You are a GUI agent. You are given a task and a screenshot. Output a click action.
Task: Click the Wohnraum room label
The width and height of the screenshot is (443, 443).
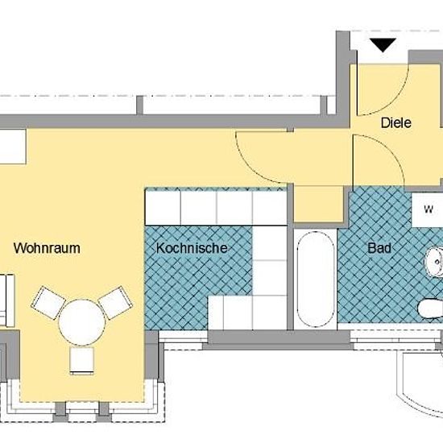coord(47,248)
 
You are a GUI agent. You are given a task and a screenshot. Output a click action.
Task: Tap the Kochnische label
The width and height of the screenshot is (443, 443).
coord(192,248)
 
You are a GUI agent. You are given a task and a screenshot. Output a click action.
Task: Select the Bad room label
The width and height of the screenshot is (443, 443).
coord(379,248)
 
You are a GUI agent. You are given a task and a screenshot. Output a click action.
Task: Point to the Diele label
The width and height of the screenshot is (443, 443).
coord(395,123)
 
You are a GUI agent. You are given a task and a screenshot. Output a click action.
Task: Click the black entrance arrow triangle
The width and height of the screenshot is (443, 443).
coord(383,44)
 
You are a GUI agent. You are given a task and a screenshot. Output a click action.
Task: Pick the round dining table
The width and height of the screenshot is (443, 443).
coord(82,322)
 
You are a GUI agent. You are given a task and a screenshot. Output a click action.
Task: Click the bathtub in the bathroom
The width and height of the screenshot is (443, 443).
coord(315,279)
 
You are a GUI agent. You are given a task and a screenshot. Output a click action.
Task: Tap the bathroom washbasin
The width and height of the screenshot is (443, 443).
coord(434,262)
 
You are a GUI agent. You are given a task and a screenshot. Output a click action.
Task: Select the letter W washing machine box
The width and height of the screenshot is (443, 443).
coord(428,209)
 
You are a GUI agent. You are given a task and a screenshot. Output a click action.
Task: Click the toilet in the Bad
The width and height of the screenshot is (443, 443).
coord(431,308)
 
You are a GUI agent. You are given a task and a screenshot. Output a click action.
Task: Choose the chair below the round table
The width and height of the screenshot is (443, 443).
coord(82,362)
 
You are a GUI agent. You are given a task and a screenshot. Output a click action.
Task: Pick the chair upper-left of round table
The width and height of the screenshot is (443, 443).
coord(48,302)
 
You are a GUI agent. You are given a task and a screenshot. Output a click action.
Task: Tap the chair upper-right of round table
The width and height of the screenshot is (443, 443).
coord(115,302)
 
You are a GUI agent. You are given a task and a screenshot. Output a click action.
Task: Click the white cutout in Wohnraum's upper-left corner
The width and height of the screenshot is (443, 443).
coord(13,147)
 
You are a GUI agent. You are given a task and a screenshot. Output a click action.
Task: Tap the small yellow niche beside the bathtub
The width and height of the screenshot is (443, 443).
coord(319,204)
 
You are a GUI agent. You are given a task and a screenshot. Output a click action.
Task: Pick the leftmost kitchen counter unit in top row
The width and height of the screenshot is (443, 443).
coord(163,207)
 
